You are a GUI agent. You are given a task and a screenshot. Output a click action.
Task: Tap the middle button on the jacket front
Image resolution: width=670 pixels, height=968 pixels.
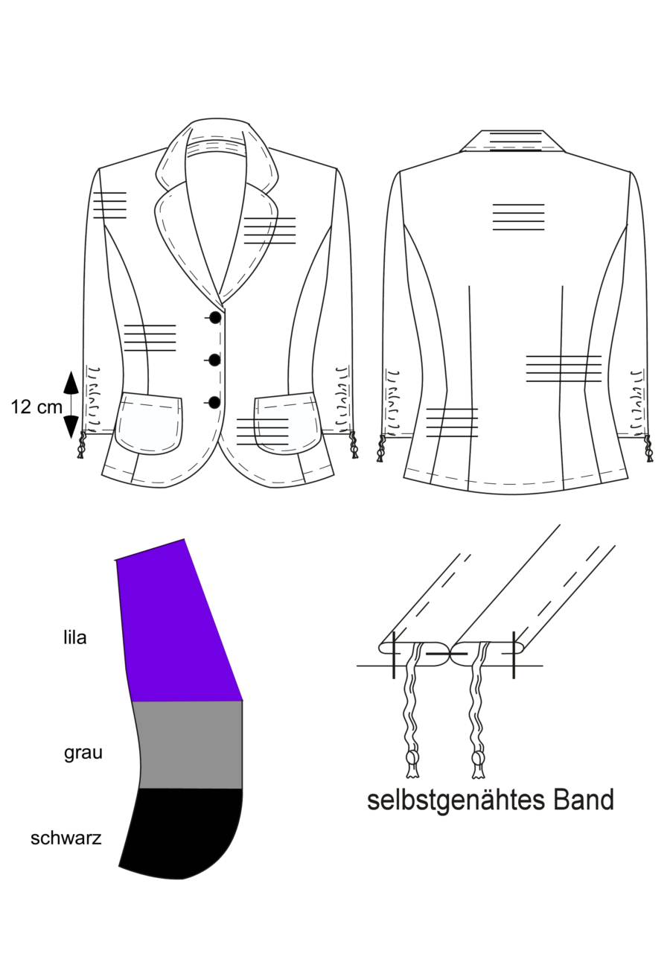pyautogui.click(x=214, y=360)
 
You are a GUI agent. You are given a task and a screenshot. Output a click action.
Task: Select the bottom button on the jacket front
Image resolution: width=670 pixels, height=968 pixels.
pyautogui.click(x=214, y=402)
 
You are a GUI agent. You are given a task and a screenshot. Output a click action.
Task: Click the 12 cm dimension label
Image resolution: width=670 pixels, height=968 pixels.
pyautogui.click(x=36, y=407)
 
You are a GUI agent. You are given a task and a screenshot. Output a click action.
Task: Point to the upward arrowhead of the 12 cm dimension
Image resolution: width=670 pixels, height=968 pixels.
pyautogui.click(x=71, y=382)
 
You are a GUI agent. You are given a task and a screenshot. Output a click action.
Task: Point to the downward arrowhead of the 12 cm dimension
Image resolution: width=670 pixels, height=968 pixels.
pyautogui.click(x=71, y=427)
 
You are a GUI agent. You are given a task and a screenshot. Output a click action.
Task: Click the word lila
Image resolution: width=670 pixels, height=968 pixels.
pyautogui.click(x=74, y=637)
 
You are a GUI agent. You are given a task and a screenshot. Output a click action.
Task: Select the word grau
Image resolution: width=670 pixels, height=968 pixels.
pyautogui.click(x=83, y=752)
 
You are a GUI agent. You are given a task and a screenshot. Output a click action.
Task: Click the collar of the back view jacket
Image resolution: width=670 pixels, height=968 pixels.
pyautogui.click(x=513, y=141)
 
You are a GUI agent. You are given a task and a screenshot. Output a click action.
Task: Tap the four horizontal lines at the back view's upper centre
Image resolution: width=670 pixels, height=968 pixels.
pyautogui.click(x=518, y=217)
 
